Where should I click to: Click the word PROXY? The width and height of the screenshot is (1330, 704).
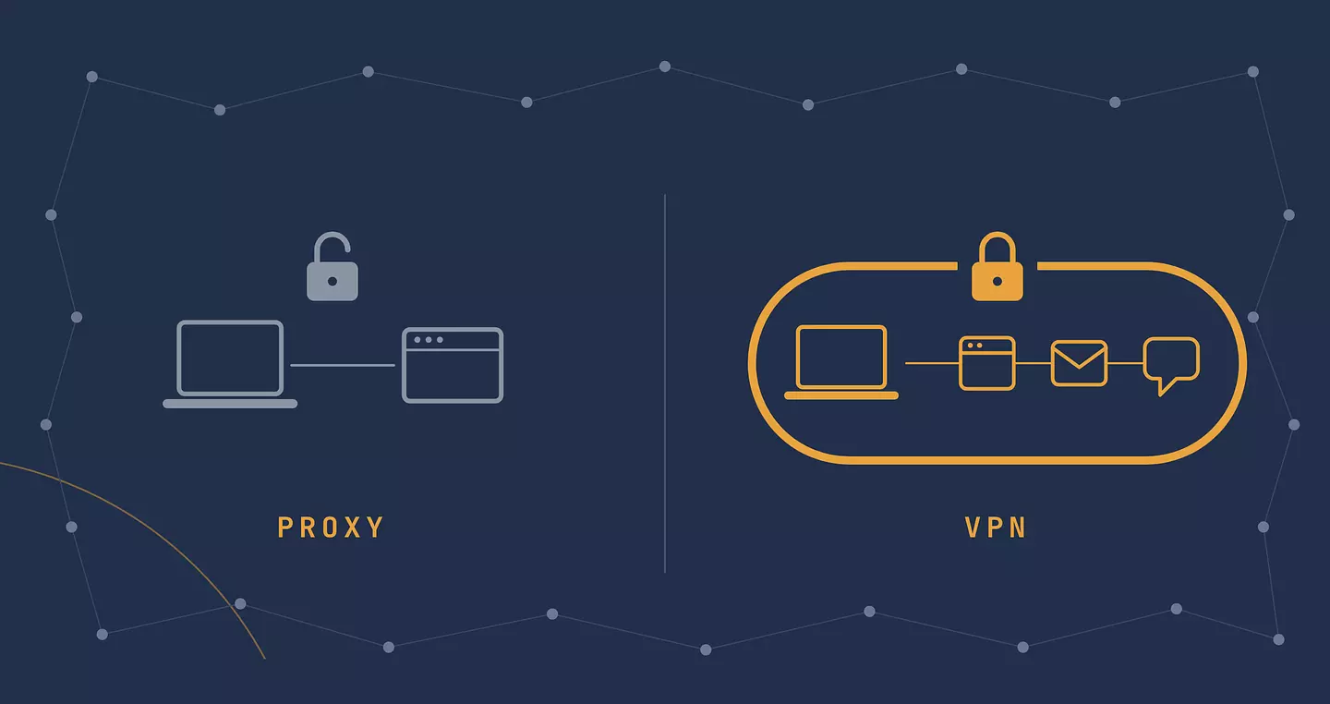tap(331, 527)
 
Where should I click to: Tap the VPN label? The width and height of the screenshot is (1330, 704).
tap(996, 527)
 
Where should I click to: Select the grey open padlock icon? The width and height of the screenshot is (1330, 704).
tap(332, 267)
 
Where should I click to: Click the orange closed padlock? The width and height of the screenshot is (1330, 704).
tap(997, 266)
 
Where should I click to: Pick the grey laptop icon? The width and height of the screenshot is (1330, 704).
tap(230, 364)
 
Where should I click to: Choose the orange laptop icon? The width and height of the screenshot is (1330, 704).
tap(841, 362)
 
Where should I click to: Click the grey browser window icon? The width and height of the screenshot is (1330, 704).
tap(453, 365)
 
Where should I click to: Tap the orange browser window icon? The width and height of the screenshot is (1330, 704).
tap(986, 363)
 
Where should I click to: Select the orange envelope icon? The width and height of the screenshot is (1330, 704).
tap(1079, 363)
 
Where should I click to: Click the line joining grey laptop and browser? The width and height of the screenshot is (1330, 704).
tap(343, 365)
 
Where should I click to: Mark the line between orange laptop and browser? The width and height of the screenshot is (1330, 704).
tap(932, 362)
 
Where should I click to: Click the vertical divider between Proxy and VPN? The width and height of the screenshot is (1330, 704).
tap(664, 383)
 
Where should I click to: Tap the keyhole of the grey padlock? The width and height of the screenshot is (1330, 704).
tap(332, 281)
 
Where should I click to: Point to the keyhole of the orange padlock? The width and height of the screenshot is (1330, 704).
tap(997, 281)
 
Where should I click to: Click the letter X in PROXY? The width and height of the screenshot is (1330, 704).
tap(353, 527)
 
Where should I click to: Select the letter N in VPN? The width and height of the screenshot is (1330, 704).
tap(1018, 527)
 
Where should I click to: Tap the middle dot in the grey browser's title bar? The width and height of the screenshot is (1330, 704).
tap(429, 340)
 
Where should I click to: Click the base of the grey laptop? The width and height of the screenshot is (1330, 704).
tap(230, 404)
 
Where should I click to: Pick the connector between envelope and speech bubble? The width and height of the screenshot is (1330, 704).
tap(1126, 362)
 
